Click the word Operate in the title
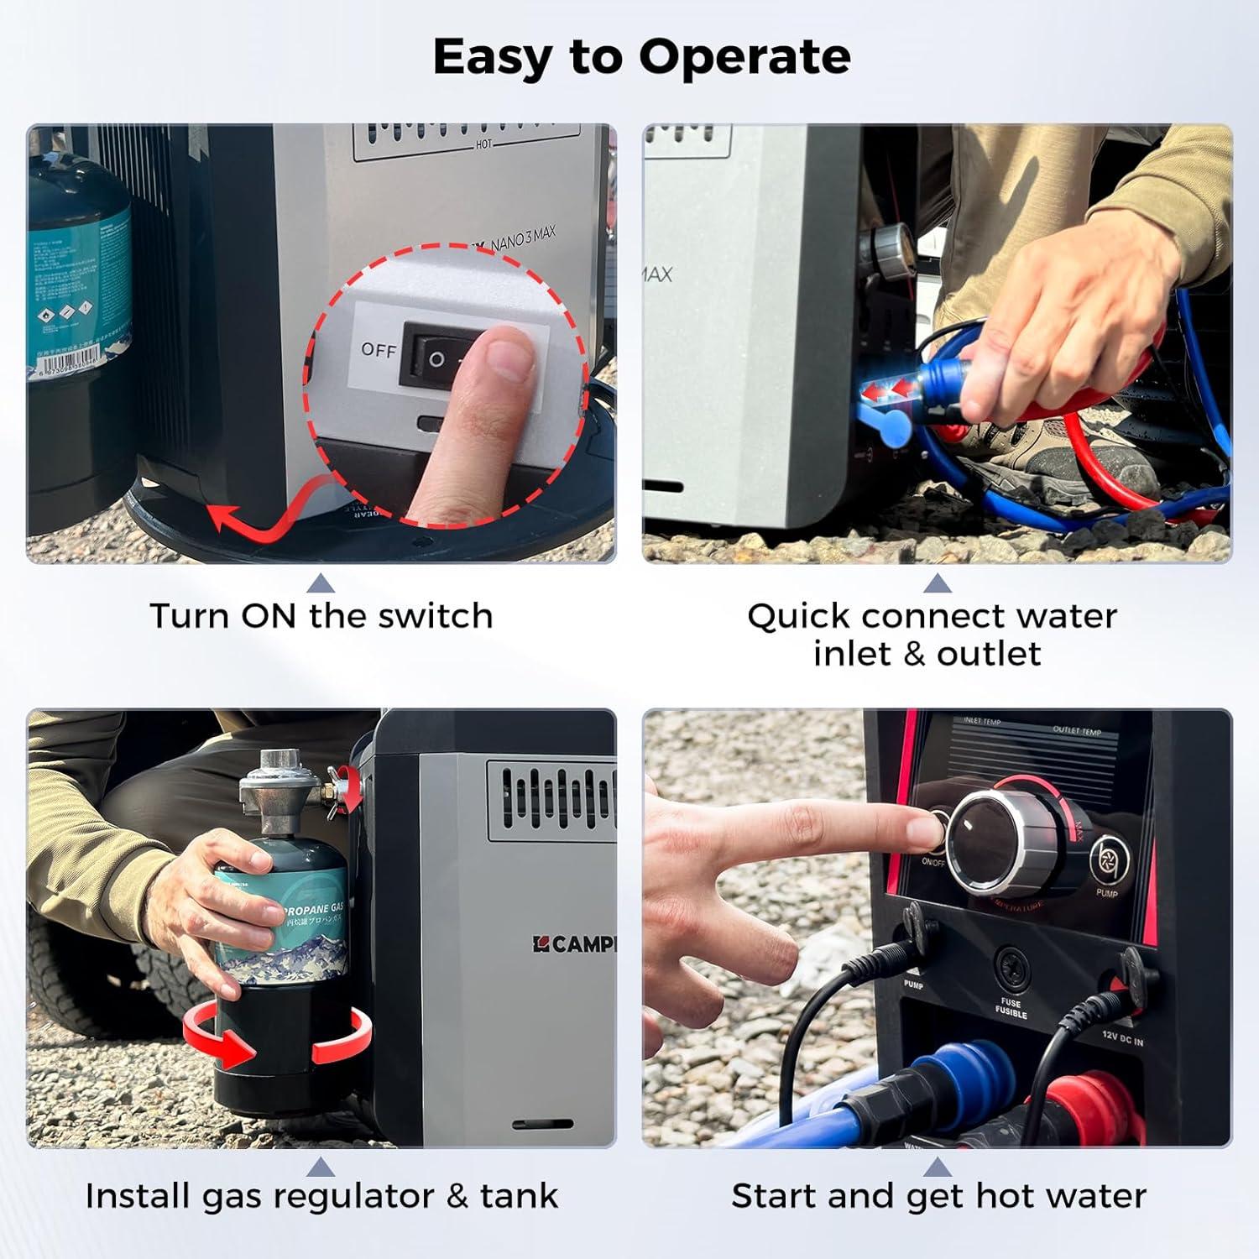[x=744, y=57]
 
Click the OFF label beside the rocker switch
[x=378, y=350]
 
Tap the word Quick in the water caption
[x=798, y=616]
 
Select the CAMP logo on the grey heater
[x=575, y=943]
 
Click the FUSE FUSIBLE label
[x=1011, y=1008]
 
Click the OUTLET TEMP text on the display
[x=1077, y=730]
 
